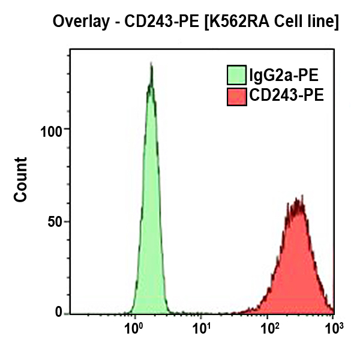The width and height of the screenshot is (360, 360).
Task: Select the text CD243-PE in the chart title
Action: point(151,23)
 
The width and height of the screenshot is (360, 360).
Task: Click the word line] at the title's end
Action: point(324,23)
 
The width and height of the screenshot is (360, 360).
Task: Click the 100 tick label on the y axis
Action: point(54,130)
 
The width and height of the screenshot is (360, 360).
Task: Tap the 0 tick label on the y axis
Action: point(59,312)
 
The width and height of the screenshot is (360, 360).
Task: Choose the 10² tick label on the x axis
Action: point(271,328)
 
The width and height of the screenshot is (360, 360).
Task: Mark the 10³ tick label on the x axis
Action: point(334,328)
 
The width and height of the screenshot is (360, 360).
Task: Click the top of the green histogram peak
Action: point(151,65)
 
